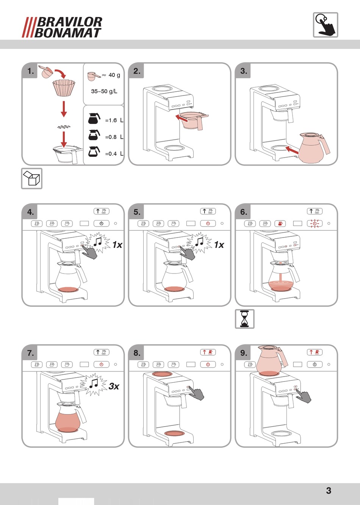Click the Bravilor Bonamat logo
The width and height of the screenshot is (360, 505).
click(x=62, y=27)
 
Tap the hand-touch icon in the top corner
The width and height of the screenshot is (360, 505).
click(x=325, y=25)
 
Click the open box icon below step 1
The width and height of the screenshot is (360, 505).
click(x=31, y=178)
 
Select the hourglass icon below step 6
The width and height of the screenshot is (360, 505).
click(x=244, y=319)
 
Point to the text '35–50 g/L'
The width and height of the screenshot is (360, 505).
click(x=104, y=91)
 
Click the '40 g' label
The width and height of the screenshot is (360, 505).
click(x=114, y=75)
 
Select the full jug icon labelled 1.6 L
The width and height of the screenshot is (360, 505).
click(x=94, y=118)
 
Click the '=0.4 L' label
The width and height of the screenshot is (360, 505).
click(x=114, y=154)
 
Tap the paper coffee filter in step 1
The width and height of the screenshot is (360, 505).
click(x=64, y=88)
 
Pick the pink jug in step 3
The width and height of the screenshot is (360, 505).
click(x=314, y=148)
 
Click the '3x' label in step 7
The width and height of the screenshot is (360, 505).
click(x=114, y=386)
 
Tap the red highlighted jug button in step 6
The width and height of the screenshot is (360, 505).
click(x=280, y=224)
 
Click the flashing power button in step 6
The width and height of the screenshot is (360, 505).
click(x=315, y=224)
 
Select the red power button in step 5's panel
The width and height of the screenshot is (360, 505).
click(x=208, y=224)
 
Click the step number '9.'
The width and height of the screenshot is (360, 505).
click(x=244, y=353)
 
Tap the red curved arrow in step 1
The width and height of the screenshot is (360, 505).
click(x=61, y=73)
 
